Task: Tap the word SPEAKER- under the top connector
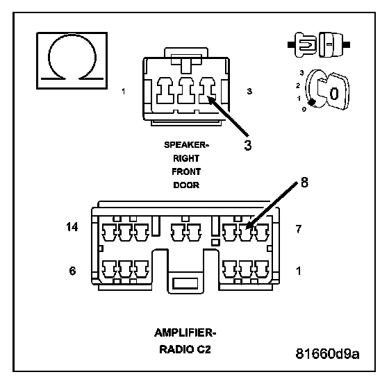tap(186, 145)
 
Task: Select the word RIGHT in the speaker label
tap(186, 158)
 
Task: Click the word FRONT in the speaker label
tap(186, 171)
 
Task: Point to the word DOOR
tap(186, 185)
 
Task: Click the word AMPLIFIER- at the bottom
tap(185, 333)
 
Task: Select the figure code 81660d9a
tap(327, 354)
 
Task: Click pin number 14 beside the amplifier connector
tap(72, 227)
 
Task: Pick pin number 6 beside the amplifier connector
tap(72, 271)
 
